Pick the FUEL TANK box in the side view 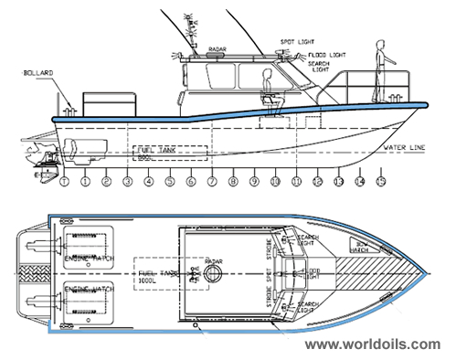point(170,153)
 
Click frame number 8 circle point(233,182)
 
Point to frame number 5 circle point(170,182)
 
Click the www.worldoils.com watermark point(372,344)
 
